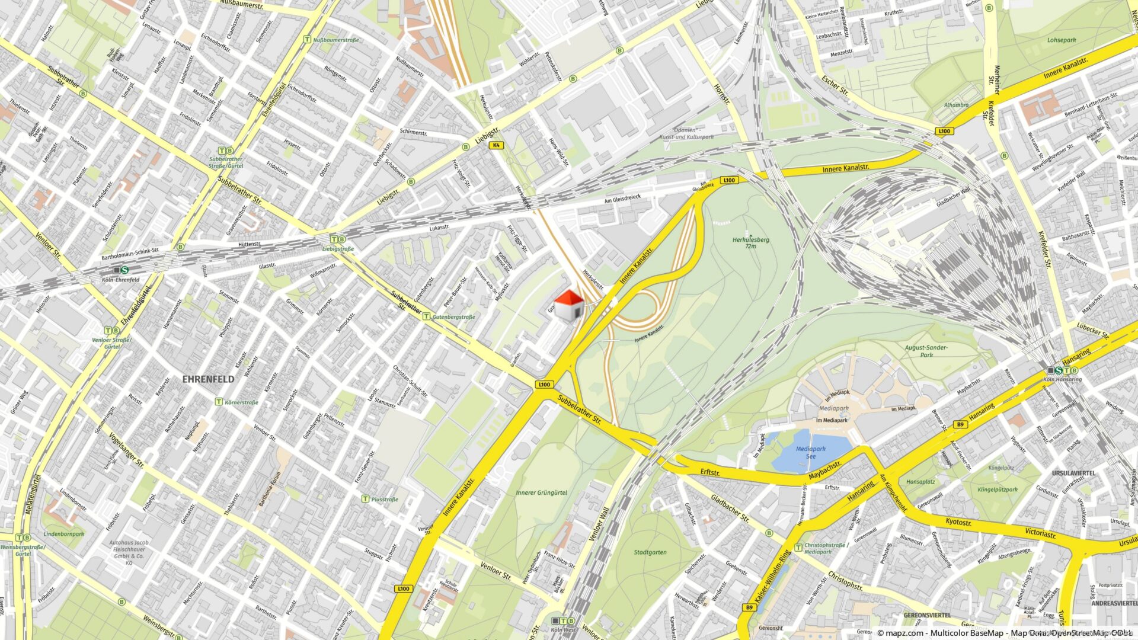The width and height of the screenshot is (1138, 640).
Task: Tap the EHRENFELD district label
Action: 208,379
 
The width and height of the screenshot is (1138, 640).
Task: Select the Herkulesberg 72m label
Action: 750,243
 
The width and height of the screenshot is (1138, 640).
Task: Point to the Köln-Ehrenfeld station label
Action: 120,280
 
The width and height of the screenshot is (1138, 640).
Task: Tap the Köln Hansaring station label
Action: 1062,379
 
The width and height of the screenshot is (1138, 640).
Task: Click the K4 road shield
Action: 496,145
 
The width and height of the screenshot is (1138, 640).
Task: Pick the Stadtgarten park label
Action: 650,552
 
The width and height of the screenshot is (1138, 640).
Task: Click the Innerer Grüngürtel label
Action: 541,492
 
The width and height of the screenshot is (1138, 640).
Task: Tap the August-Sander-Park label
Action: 926,351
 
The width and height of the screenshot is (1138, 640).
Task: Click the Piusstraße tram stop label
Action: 385,500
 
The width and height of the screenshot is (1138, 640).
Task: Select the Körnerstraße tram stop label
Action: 241,402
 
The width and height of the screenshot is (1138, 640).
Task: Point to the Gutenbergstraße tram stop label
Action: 453,317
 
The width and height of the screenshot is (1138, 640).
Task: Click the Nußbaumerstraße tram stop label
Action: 335,40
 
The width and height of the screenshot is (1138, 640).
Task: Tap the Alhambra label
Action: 956,105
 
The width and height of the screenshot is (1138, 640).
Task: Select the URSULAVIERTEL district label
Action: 1073,473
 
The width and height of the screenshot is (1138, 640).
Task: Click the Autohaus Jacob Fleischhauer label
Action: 129,552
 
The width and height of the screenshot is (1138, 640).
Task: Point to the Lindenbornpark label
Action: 64,534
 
